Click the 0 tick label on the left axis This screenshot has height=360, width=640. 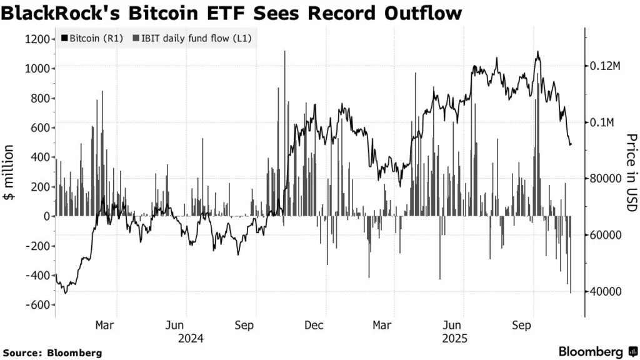46,216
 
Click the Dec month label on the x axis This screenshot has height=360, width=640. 314,326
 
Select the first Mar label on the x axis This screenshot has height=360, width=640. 104,326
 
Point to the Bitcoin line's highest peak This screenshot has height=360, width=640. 537,52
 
